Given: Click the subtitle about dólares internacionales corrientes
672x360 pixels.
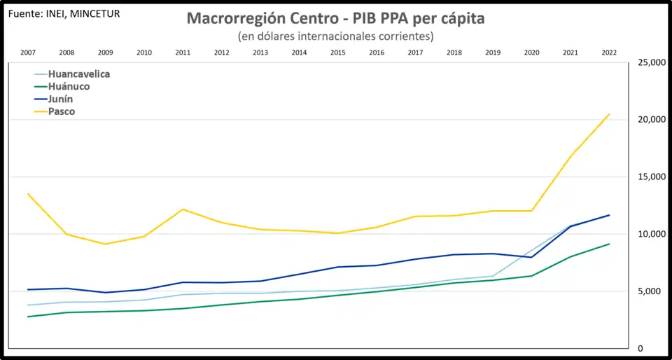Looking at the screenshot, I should [335, 36].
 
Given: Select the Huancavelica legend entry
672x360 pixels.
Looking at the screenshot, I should [78, 74].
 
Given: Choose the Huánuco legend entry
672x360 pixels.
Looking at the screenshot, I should [69, 86].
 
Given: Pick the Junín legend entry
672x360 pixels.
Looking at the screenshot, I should [60, 99].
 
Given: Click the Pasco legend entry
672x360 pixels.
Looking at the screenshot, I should [62, 111].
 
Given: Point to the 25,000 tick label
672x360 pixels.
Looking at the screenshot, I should [650, 62].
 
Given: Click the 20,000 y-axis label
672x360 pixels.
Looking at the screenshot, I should [650, 120].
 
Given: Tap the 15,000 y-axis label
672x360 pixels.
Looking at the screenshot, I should [650, 176].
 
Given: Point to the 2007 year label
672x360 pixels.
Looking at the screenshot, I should [28, 53].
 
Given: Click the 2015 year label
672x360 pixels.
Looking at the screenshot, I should [337, 53].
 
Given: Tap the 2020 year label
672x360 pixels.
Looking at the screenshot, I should [531, 53].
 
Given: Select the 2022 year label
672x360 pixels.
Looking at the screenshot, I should [609, 53].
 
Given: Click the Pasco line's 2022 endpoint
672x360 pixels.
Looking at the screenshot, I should [609, 114].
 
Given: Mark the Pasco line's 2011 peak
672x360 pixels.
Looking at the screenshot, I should [183, 209].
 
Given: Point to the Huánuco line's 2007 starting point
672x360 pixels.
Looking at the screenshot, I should [28, 317].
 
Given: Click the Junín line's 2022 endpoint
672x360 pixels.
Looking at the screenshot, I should [609, 215].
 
